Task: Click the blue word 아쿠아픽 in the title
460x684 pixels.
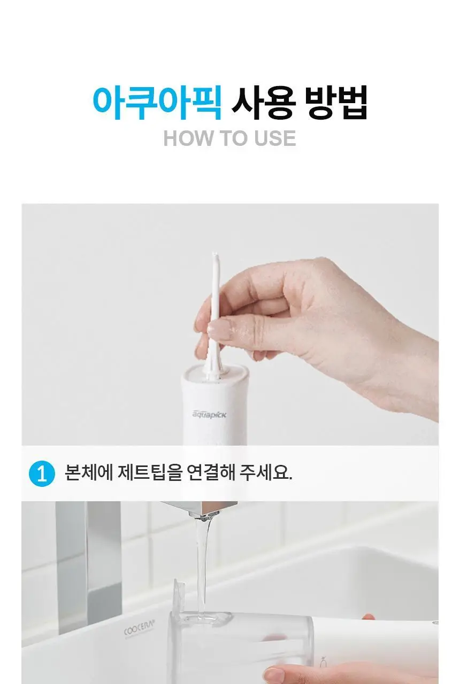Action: coord(157,103)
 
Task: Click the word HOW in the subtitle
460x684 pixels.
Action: coord(188,138)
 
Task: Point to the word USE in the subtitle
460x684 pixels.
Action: coord(275,138)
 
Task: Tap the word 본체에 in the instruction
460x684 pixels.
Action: coord(89,473)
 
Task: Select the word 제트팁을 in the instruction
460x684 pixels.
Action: coord(150,473)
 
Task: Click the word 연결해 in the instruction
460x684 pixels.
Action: coord(211,473)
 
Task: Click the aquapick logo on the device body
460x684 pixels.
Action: coord(209,414)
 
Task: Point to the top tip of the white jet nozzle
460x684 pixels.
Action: coord(215,253)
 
